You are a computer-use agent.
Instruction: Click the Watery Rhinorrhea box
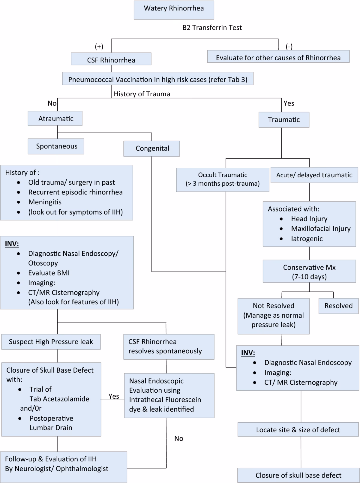click(x=174, y=10)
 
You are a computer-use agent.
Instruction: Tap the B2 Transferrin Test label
click(x=212, y=28)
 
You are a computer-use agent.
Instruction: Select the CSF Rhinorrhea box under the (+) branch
click(x=111, y=59)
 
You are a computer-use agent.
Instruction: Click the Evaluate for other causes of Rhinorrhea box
click(x=278, y=57)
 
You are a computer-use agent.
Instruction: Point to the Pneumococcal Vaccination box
click(x=157, y=79)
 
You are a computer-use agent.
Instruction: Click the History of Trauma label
click(x=142, y=94)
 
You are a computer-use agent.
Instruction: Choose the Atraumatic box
click(x=55, y=118)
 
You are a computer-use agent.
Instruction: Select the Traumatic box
click(x=284, y=119)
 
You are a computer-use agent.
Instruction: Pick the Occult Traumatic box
click(x=222, y=179)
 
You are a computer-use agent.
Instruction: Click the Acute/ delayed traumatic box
click(x=314, y=175)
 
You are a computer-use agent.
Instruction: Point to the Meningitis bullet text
click(x=45, y=202)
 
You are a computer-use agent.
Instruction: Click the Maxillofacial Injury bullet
click(x=320, y=229)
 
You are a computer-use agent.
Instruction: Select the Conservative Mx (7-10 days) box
click(x=309, y=271)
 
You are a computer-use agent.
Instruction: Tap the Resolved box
click(x=338, y=306)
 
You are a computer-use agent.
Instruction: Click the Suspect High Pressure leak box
click(x=51, y=342)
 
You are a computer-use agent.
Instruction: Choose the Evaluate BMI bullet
click(x=49, y=273)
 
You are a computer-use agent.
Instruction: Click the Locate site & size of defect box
click(x=298, y=430)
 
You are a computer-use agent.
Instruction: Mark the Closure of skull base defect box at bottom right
click(x=298, y=475)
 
